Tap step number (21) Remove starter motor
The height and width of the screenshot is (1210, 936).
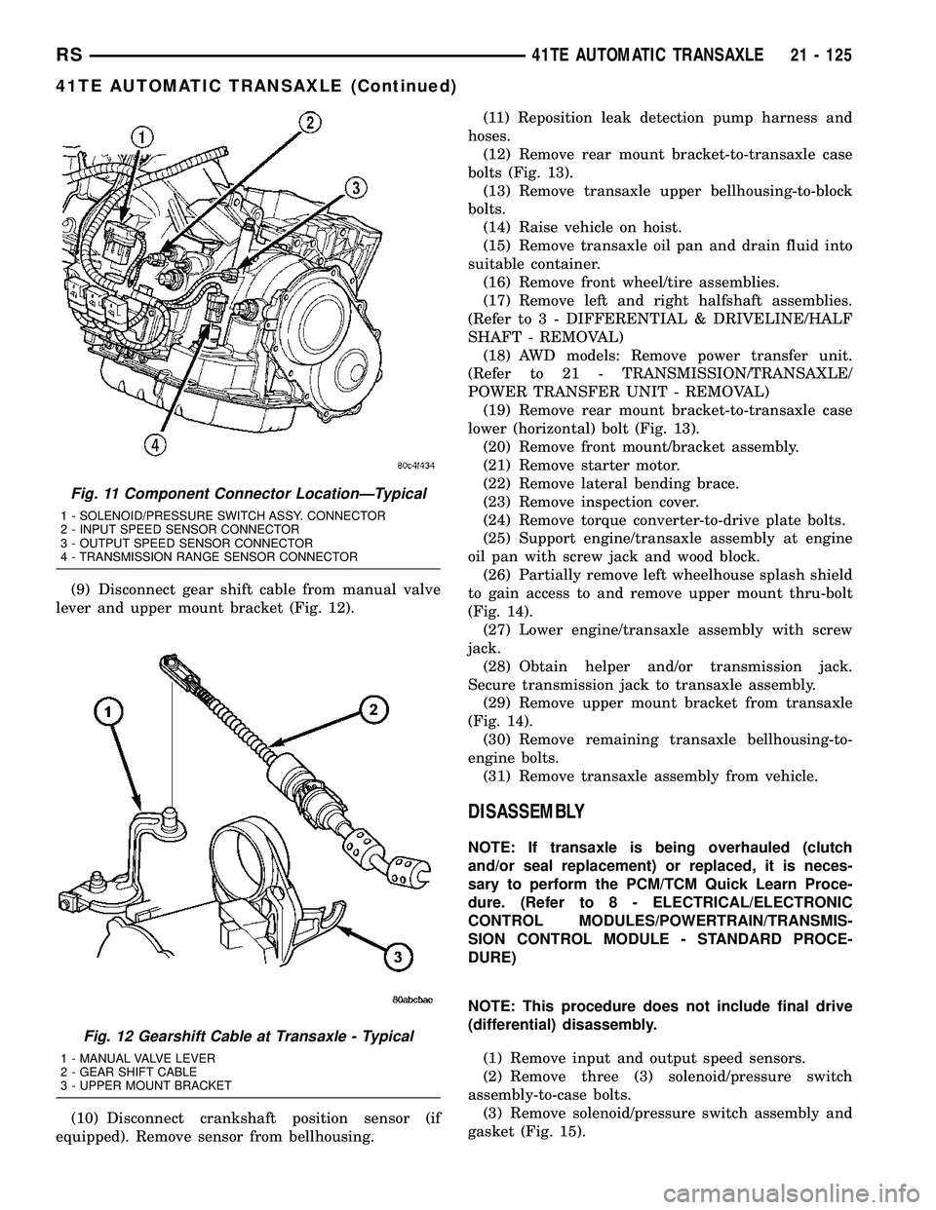[499, 465]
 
